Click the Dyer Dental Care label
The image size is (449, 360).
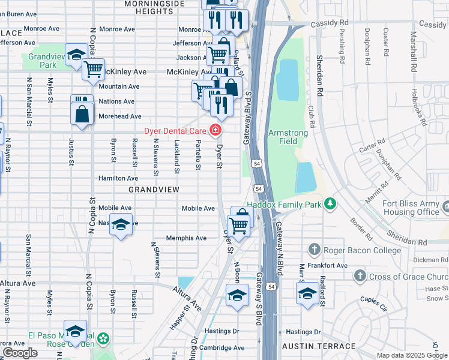click(175, 131)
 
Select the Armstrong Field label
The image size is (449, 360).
click(288, 137)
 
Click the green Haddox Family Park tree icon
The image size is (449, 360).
click(330, 205)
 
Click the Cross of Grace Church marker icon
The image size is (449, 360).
click(360, 276)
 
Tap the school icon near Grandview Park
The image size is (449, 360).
click(76, 56)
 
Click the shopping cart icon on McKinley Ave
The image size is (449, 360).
click(93, 70)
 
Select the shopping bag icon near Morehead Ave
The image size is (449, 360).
click(81, 113)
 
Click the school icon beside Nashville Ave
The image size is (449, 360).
click(121, 224)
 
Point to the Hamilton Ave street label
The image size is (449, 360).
click(118, 178)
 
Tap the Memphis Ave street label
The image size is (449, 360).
click(186, 238)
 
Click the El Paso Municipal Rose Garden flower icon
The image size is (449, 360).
click(104, 339)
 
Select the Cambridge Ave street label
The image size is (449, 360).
click(222, 348)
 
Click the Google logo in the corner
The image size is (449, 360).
click(20, 353)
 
